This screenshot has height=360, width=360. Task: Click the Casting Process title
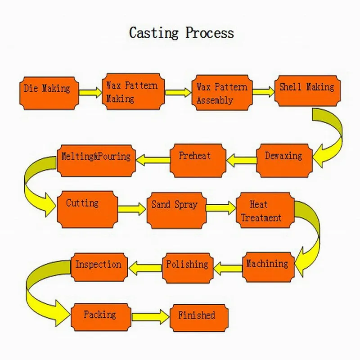(181, 33)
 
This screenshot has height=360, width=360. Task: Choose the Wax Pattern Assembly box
(222, 93)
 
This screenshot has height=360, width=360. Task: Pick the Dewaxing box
(284, 160)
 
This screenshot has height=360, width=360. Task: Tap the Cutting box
(87, 209)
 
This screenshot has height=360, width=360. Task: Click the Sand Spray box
(175, 210)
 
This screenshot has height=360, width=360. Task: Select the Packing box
(101, 317)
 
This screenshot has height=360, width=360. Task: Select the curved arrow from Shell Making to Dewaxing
(331, 135)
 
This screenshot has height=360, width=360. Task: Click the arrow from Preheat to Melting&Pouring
(153, 158)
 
